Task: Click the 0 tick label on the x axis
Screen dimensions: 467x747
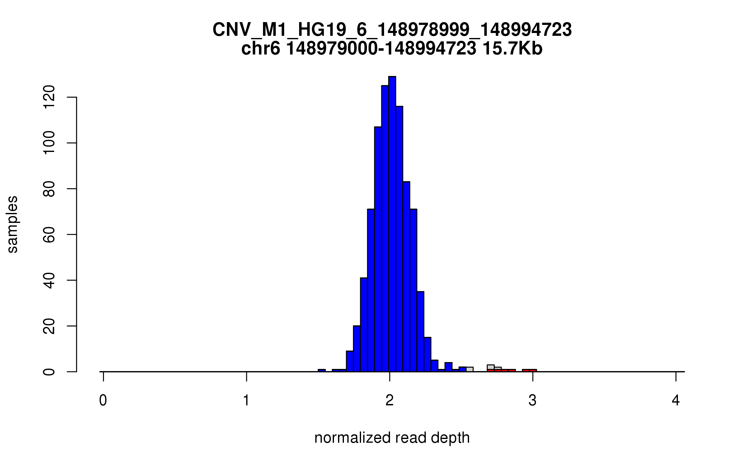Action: coord(103,400)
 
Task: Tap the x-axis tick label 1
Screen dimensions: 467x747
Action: coord(246,400)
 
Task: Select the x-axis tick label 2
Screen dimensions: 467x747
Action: coord(389,400)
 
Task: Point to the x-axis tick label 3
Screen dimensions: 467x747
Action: coord(533,400)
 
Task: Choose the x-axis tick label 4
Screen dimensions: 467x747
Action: coord(676,400)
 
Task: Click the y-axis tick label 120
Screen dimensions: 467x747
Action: coord(49,97)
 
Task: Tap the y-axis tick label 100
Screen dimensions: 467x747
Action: coord(49,143)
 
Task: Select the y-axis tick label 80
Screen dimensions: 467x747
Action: coord(49,189)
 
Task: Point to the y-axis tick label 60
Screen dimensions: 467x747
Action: coord(49,234)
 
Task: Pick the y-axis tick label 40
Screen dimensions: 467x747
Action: coord(49,280)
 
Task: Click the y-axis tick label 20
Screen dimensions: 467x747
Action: coord(49,326)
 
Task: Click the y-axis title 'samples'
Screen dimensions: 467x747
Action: coord(12,224)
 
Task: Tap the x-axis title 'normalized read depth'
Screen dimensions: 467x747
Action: coord(392,438)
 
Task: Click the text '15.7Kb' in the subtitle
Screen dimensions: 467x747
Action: coord(512,49)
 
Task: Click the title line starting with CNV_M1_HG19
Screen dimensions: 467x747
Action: coord(392,30)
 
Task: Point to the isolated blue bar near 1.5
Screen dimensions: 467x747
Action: coord(322,370)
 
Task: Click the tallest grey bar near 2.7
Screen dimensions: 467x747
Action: coord(491,367)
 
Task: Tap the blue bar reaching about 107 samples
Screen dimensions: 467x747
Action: coord(378,249)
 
